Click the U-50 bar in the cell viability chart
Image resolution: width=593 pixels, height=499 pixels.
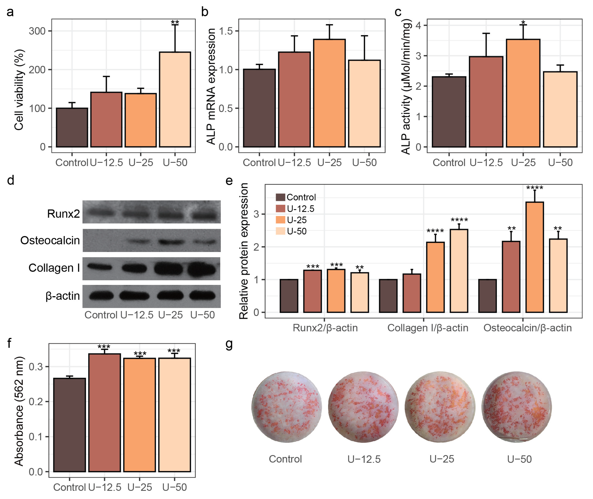click(x=175, y=99)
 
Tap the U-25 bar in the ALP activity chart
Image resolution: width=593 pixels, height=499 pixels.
click(x=523, y=93)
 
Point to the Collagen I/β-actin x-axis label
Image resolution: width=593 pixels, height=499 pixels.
click(x=427, y=328)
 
